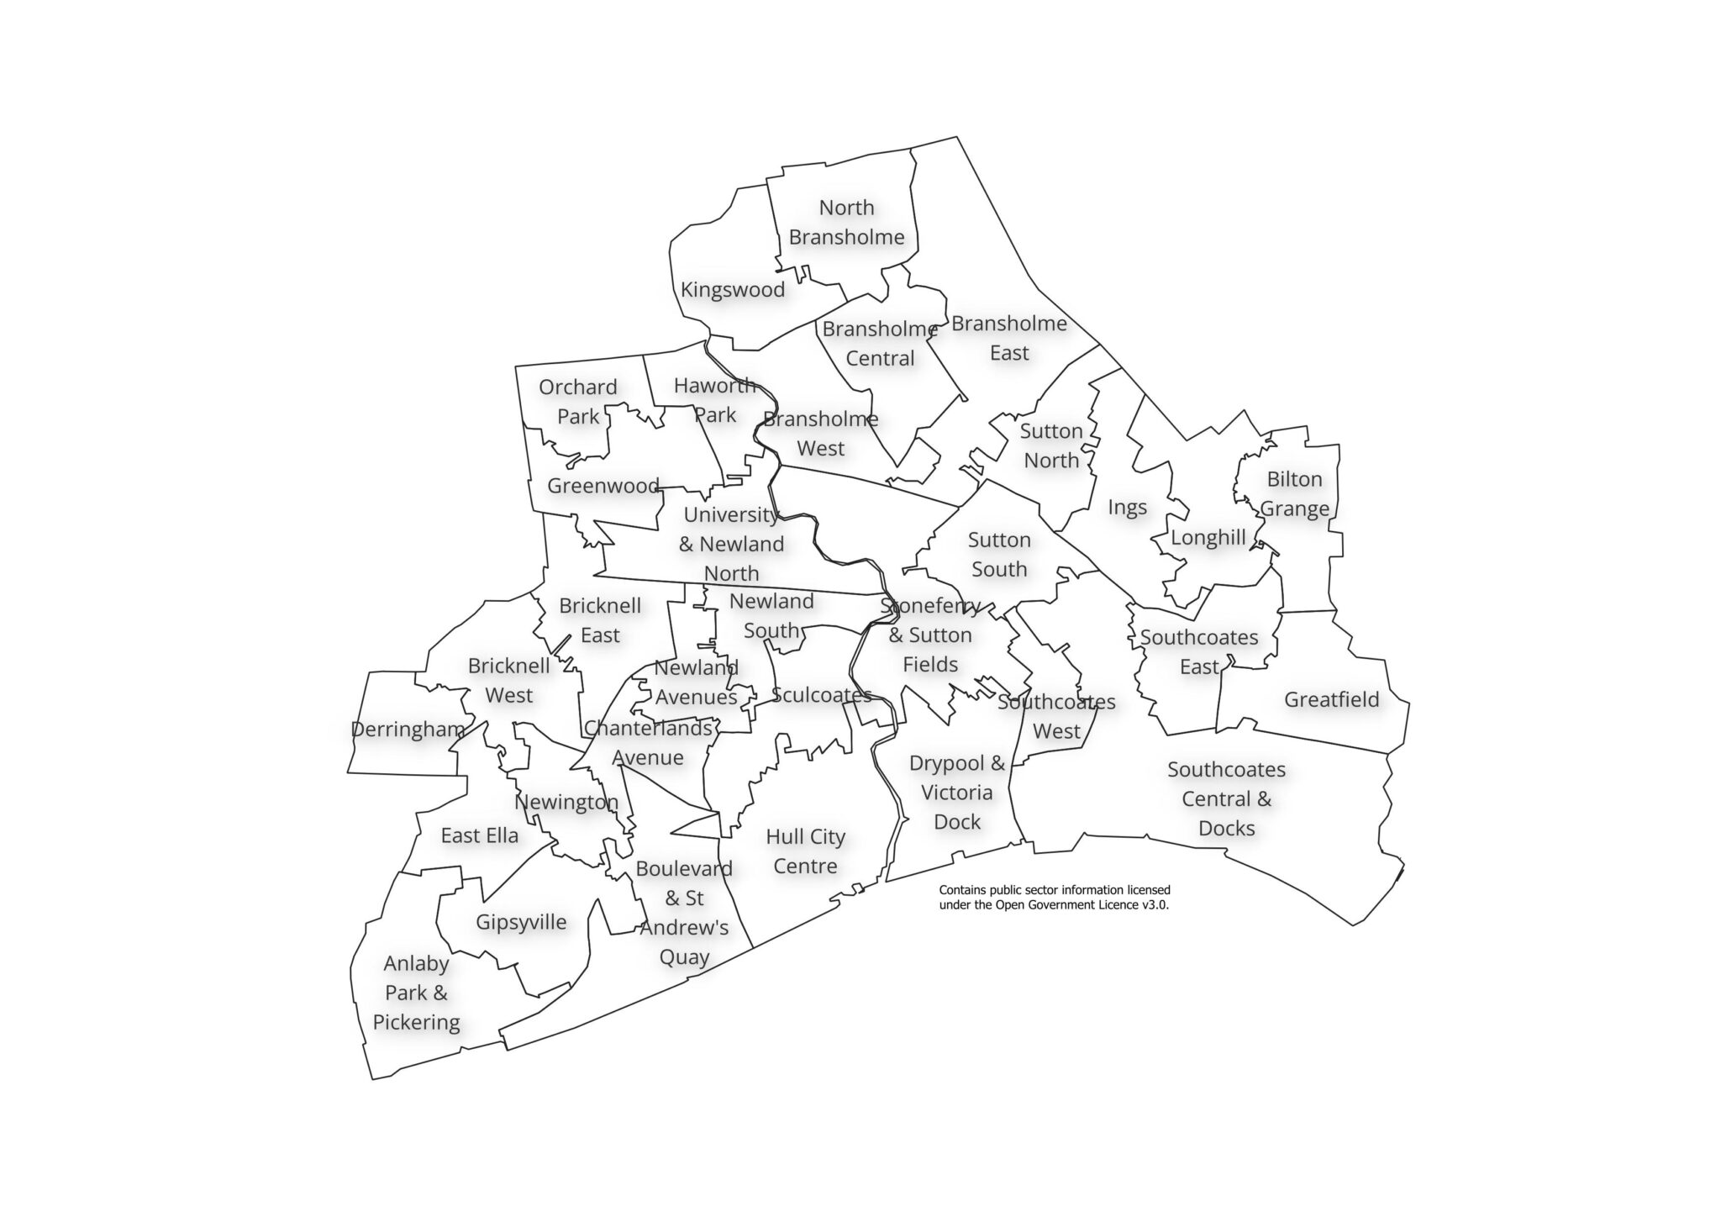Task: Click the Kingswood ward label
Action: point(732,290)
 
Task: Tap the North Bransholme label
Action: point(846,223)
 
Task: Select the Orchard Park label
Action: point(578,402)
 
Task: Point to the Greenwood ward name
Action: point(603,486)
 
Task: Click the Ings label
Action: point(1127,508)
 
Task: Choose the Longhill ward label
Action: point(1208,538)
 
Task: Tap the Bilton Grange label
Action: point(1294,494)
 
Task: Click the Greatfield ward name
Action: point(1331,699)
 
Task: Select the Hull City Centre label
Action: point(805,851)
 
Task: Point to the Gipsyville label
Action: point(521,922)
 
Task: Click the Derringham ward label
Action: point(408,730)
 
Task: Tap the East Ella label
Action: point(479,835)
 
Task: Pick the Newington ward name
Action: point(566,802)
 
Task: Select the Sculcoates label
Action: point(821,695)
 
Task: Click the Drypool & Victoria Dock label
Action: point(957,793)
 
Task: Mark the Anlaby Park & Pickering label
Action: point(416,993)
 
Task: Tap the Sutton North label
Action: point(1051,446)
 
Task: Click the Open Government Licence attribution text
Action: point(1054,898)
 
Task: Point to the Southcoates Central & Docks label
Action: point(1226,798)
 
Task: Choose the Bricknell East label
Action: point(600,620)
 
